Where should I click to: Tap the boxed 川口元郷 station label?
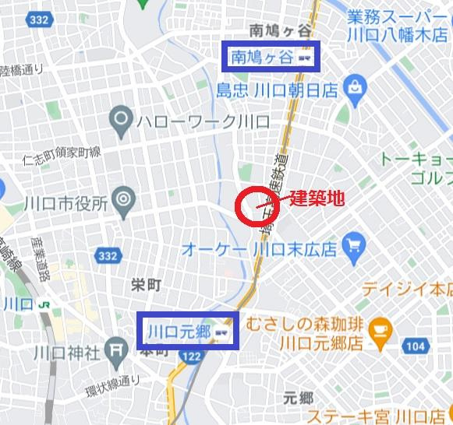[x=187, y=332]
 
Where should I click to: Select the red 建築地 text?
[x=317, y=198]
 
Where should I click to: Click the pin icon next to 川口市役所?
[x=122, y=203]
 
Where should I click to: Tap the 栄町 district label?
[x=146, y=286]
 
